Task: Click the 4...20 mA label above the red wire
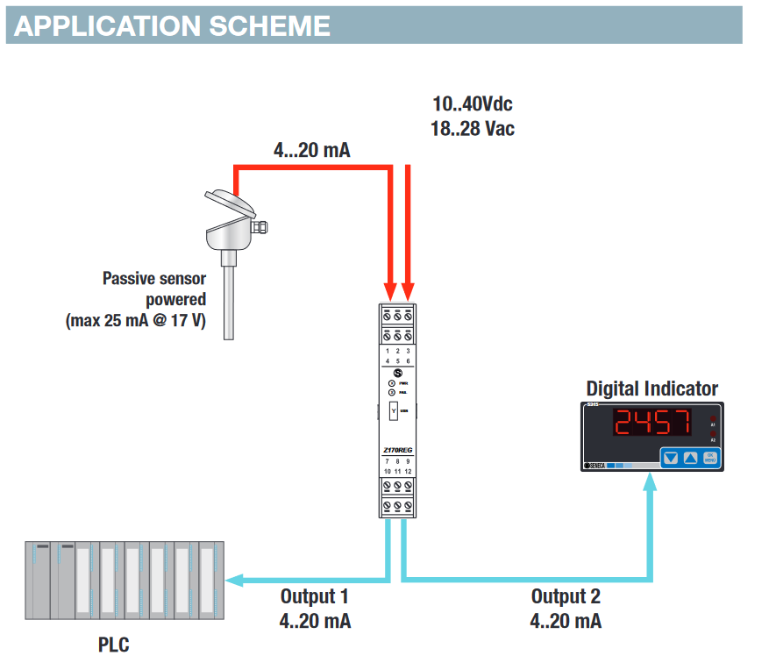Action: [311, 150]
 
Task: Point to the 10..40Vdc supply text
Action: [472, 104]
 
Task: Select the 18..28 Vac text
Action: [472, 128]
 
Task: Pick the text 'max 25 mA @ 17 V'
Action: [136, 321]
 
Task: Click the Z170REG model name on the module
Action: [397, 450]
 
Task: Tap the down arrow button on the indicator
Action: [671, 457]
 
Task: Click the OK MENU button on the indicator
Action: [710, 457]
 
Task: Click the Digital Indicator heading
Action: [651, 388]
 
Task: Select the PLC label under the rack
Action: [114, 645]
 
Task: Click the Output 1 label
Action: [315, 596]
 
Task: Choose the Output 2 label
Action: [566, 596]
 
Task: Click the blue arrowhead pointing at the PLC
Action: [233, 580]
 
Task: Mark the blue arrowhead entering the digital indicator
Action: [650, 480]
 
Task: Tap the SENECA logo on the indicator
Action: [597, 466]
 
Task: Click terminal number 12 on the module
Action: [408, 471]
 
